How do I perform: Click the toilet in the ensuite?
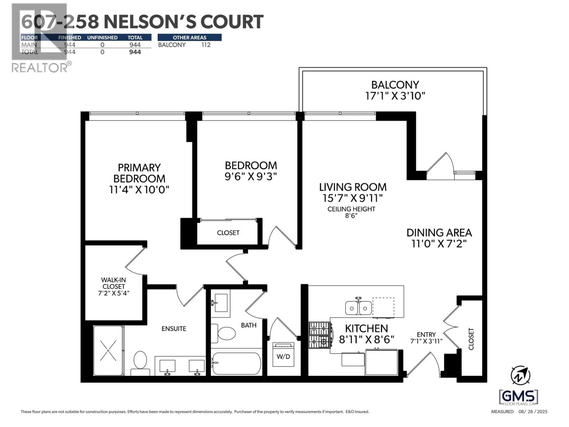(140, 362)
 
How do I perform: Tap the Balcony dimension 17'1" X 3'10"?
(395, 96)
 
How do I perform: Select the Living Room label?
(353, 187)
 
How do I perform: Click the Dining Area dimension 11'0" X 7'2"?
(439, 243)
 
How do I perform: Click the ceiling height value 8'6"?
(351, 216)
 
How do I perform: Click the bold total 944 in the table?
(135, 52)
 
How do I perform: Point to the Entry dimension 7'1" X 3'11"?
(426, 341)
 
